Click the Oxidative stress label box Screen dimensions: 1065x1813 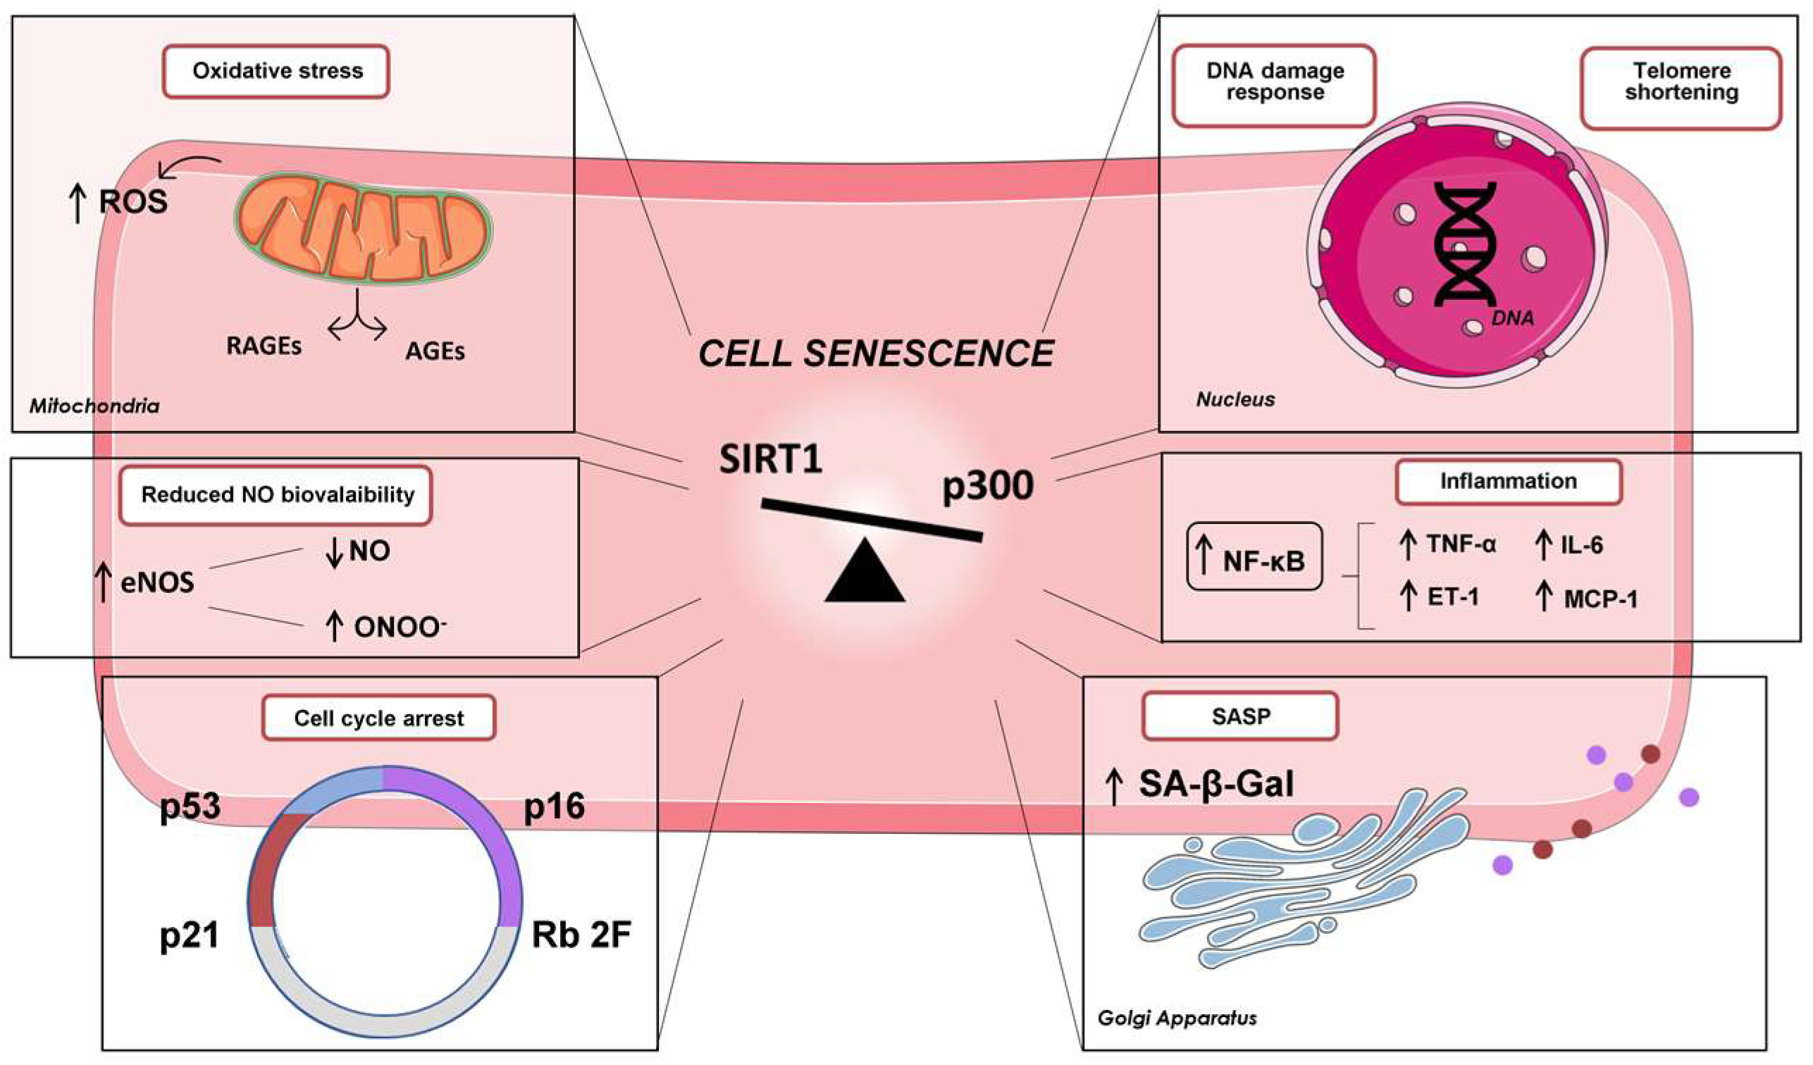tap(276, 71)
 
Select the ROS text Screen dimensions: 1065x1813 tap(133, 201)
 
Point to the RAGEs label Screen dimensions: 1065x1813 tap(264, 346)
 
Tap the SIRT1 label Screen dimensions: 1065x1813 tap(771, 459)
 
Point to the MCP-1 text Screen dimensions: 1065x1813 tap(1600, 598)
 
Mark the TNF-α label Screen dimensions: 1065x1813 tap(1461, 544)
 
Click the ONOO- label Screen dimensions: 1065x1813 tap(398, 627)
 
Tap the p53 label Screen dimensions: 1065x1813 tap(190, 806)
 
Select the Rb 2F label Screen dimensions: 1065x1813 tap(581, 935)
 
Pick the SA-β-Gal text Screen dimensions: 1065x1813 tap(1216, 784)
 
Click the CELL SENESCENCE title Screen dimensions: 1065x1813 tap(877, 354)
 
